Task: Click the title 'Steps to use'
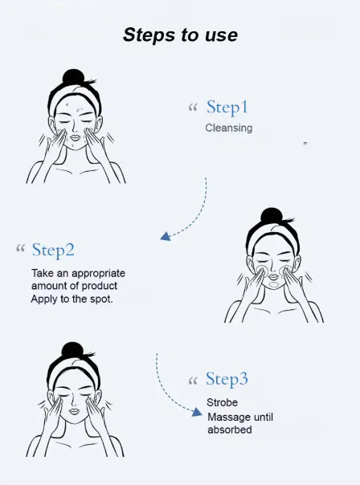coord(180,35)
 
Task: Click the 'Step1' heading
coord(227,107)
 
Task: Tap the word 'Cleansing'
coord(228,128)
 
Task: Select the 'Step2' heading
coord(53,250)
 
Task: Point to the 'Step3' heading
coord(227,379)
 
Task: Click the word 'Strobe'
coord(222,403)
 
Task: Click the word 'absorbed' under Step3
coord(230,430)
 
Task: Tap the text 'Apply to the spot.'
coord(72,300)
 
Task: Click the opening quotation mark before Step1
coord(192,108)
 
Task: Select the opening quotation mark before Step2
coord(20,250)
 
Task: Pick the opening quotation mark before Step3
coord(192,380)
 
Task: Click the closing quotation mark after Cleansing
coord(305,144)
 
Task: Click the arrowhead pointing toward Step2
coord(165,236)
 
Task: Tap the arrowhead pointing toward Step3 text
coord(197,412)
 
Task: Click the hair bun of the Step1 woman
coord(73,77)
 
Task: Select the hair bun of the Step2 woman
coord(272,216)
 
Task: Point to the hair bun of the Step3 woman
coord(73,351)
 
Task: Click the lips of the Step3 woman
coord(73,412)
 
